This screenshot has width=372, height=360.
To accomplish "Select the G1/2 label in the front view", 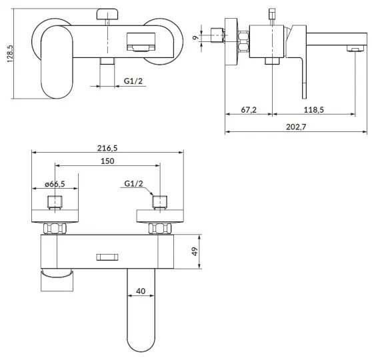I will (133, 81).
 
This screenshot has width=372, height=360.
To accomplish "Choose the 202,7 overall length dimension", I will (293, 127).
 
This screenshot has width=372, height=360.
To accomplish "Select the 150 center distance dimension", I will (107, 161).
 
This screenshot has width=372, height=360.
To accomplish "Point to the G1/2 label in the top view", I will (133, 184).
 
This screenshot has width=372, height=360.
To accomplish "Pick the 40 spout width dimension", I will (141, 291).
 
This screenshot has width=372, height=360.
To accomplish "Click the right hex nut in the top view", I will (160, 227).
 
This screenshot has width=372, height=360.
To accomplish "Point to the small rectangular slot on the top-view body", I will (107, 257).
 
